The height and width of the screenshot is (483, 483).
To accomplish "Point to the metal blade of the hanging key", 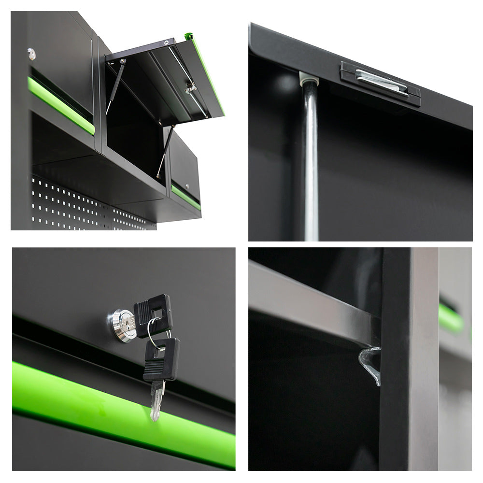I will [x=156, y=398].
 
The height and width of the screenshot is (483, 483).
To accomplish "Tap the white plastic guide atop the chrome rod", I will [x=308, y=78].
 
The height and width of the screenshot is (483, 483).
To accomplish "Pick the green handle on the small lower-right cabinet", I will [x=186, y=198].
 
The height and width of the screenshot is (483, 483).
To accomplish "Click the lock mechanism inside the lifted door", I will [x=190, y=88].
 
